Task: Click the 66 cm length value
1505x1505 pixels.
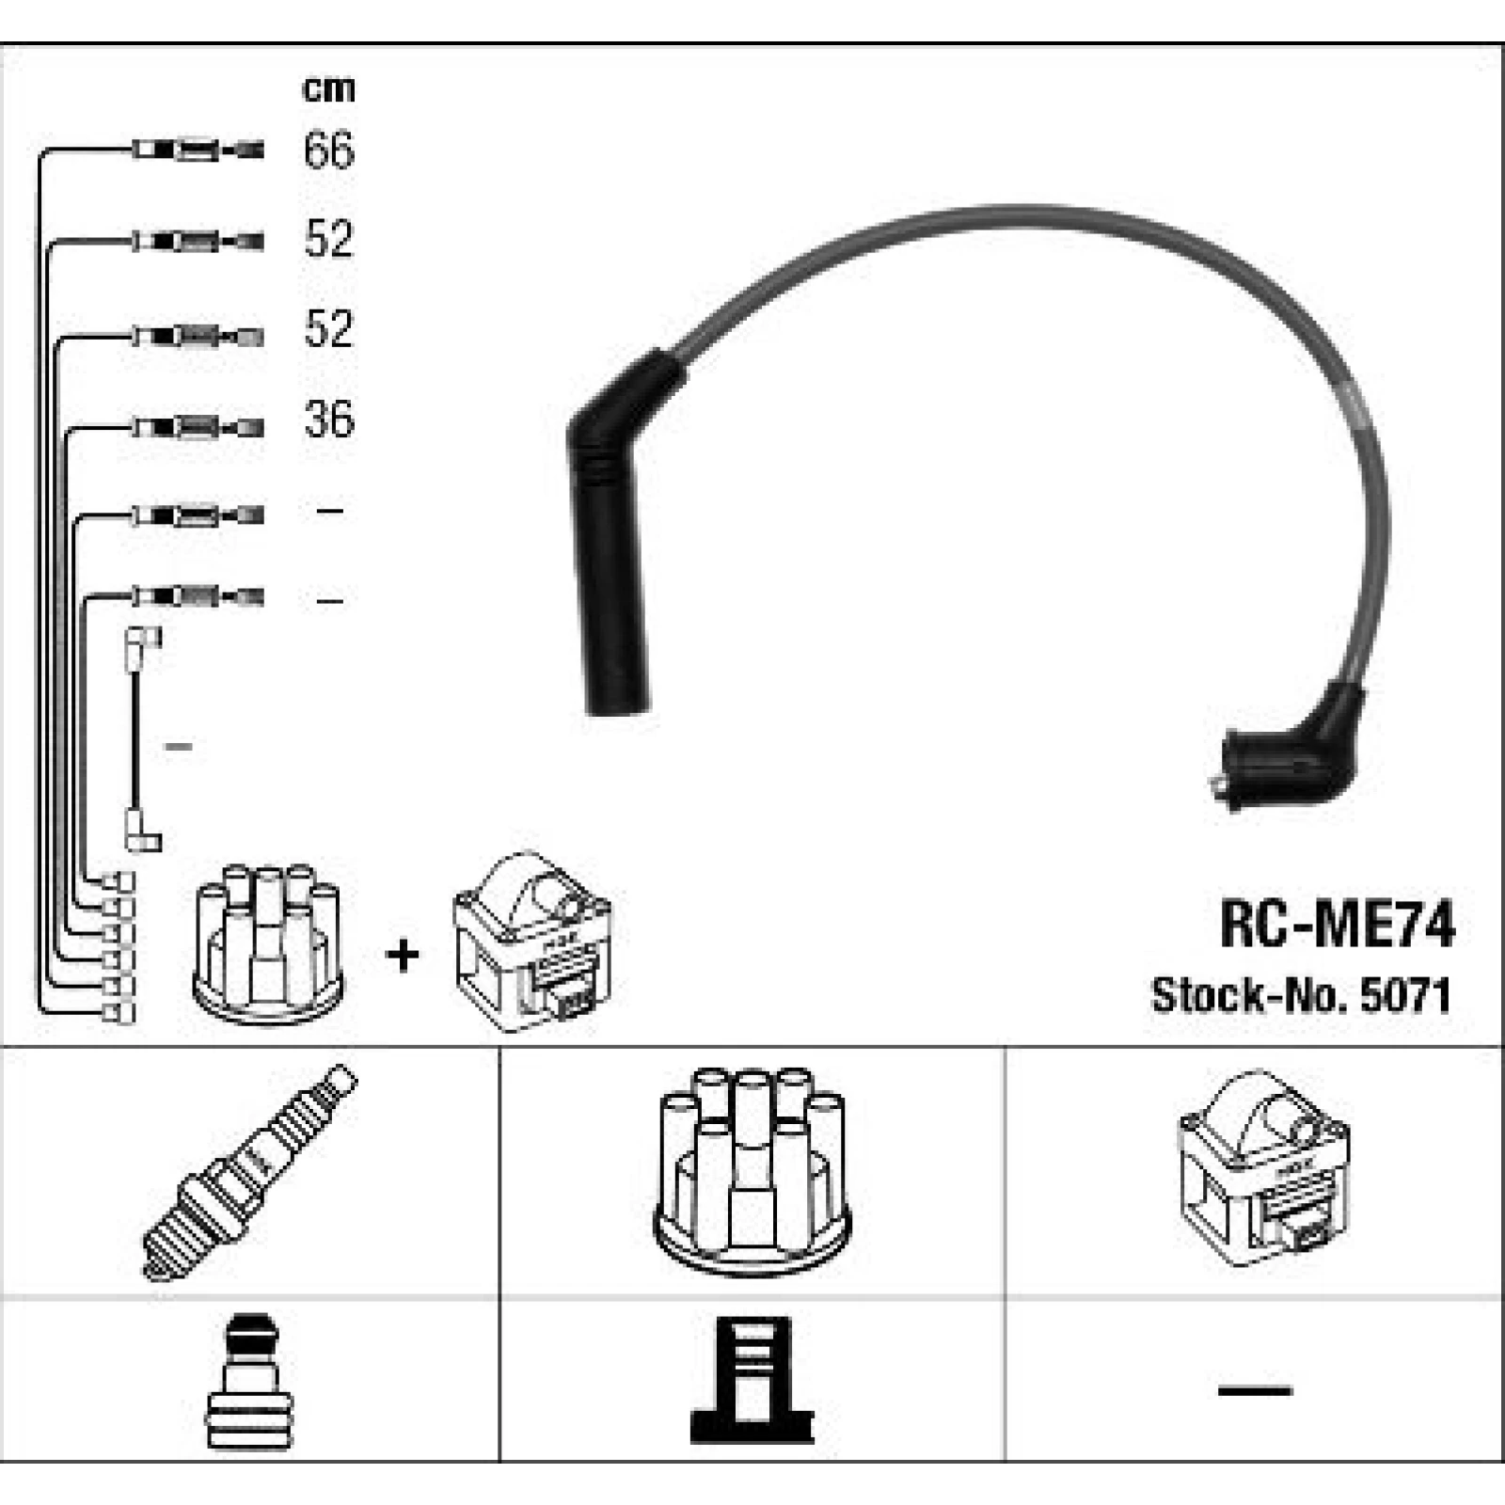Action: point(328,150)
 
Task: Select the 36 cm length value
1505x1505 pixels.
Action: point(328,419)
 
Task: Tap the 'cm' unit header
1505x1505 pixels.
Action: point(328,88)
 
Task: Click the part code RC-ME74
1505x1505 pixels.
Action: point(1337,925)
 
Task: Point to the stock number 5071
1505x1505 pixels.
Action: point(1405,995)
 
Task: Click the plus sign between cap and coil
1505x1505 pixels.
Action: point(403,956)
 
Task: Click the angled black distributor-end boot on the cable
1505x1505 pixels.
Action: point(1289,752)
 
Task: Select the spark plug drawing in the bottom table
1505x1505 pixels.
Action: point(250,1172)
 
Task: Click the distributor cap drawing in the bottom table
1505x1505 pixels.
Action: point(752,1171)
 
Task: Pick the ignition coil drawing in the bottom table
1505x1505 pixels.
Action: point(1263,1167)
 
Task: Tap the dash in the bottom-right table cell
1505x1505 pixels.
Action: point(1255,1388)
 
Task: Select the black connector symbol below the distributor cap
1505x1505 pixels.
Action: point(752,1380)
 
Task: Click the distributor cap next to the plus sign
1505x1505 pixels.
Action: point(268,943)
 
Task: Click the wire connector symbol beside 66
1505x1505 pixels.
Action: point(198,150)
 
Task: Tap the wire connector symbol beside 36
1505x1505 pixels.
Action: point(198,428)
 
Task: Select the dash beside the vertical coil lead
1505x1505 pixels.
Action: point(179,747)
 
